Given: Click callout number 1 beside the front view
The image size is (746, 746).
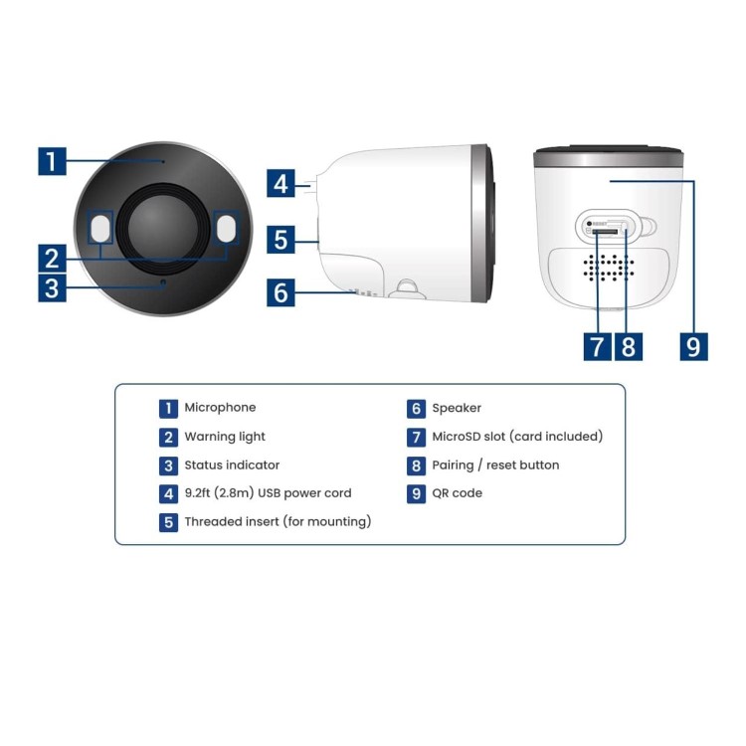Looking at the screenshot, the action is [52, 161].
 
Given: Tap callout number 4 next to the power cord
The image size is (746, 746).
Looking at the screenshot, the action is [280, 183].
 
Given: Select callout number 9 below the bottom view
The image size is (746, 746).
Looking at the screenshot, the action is [693, 346].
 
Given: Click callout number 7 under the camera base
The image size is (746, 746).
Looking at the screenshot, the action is [597, 346].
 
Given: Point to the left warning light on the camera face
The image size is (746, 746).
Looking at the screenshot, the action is [99, 228].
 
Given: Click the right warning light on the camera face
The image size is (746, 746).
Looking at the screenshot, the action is [226, 228].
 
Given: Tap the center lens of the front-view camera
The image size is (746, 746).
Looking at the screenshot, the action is [163, 228].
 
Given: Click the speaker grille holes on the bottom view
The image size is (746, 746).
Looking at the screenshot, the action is [609, 267].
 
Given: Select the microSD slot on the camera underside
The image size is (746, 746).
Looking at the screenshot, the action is [604, 232].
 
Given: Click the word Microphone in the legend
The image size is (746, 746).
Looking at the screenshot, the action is [220, 408].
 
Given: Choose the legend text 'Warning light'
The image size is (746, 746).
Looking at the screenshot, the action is [225, 437].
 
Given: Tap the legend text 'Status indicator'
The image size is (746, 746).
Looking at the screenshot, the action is [232, 465].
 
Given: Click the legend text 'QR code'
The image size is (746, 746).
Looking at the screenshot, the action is [457, 493].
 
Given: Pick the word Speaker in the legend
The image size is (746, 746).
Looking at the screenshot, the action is [457, 408].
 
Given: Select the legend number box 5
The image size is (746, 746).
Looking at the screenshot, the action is [168, 522].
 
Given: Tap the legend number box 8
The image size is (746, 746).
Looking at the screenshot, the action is [417, 466].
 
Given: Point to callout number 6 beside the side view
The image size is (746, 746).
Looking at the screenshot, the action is [280, 292].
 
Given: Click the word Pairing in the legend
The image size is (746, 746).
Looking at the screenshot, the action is [453, 466].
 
